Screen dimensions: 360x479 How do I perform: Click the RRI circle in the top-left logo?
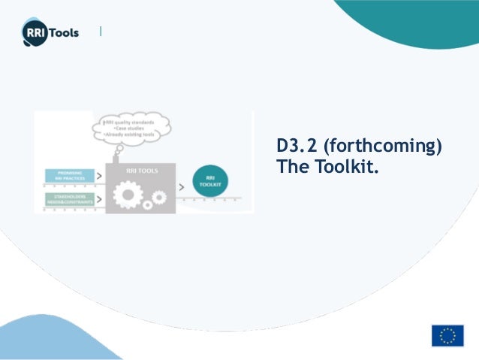point(34,32)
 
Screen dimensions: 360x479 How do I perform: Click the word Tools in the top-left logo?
point(63,32)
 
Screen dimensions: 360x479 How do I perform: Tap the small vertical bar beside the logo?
point(101,32)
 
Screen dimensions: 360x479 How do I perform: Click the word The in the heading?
point(289,165)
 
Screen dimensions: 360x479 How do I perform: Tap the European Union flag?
point(447,336)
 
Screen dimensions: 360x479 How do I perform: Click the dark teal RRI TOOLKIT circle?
point(211,181)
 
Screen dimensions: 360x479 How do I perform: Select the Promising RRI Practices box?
point(70,177)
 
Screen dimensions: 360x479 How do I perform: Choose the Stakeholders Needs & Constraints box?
point(70,200)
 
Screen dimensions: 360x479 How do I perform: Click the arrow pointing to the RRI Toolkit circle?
point(182,186)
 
